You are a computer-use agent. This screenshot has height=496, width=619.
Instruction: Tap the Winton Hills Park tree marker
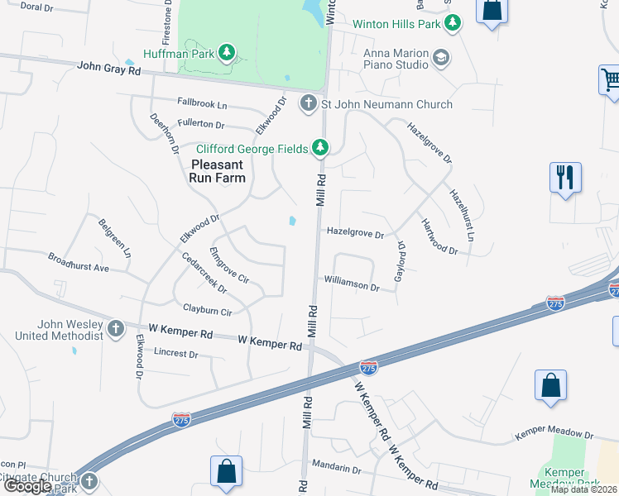(452, 24)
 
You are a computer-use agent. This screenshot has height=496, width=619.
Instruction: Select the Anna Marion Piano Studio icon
(441, 57)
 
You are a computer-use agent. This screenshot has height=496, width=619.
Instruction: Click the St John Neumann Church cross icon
(308, 104)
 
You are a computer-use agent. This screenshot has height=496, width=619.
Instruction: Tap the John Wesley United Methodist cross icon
(115, 328)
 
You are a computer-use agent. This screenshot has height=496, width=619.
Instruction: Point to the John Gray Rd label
(108, 70)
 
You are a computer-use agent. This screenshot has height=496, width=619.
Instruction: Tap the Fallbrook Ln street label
(202, 105)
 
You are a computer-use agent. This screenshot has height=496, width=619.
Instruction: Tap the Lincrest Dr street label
(176, 354)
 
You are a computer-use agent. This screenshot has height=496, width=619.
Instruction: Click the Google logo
(27, 487)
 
